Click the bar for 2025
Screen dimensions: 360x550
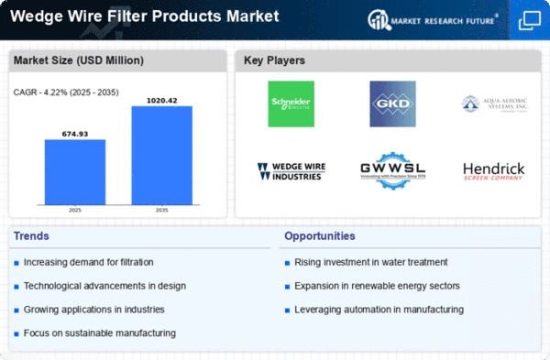pyautogui.click(x=75, y=172)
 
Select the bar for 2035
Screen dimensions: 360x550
pyautogui.click(x=162, y=156)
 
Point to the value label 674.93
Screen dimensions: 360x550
pyautogui.click(x=75, y=132)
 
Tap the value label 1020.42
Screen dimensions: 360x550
pyautogui.click(x=162, y=99)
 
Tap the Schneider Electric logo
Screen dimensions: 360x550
pyautogui.click(x=291, y=104)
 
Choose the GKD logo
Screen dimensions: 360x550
pyautogui.click(x=391, y=104)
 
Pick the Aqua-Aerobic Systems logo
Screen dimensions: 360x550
pyautogui.click(x=495, y=104)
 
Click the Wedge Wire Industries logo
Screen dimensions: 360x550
pyautogui.click(x=291, y=170)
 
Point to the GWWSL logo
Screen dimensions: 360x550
pyautogui.click(x=391, y=170)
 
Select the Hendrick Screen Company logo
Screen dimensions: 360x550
pyautogui.click(x=495, y=170)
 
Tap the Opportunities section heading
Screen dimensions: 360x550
pyautogui.click(x=321, y=236)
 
